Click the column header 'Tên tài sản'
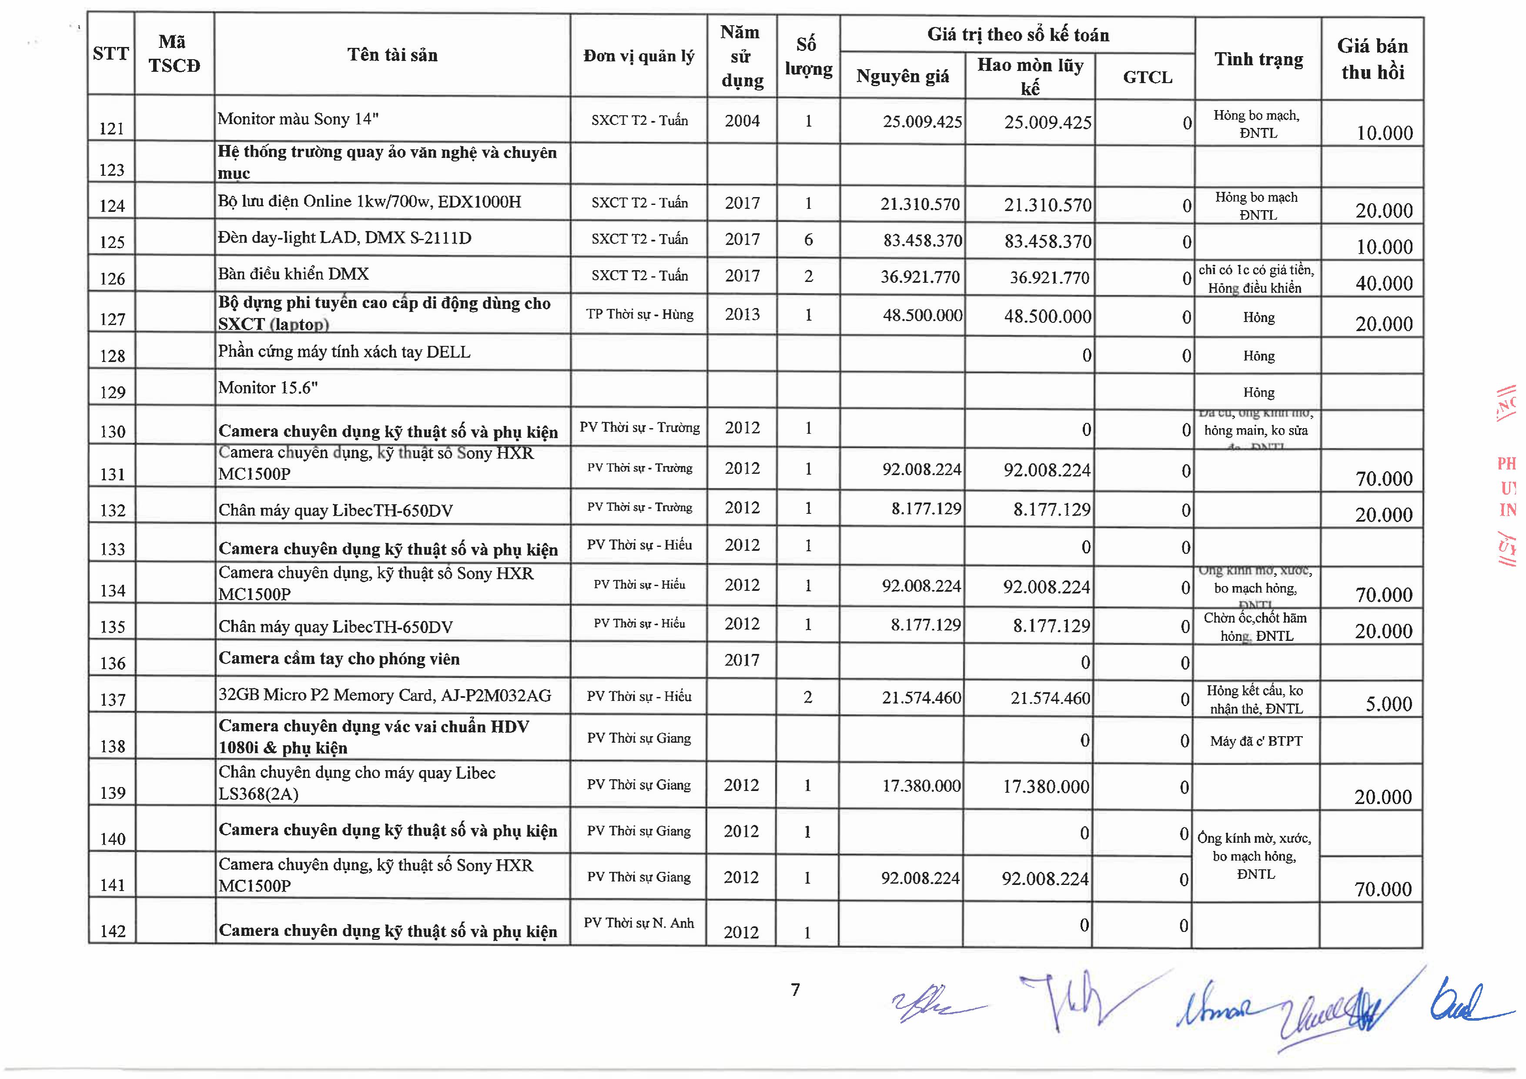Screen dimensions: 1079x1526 click(392, 55)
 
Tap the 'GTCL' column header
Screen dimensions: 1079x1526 click(1147, 77)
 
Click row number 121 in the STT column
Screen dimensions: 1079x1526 click(112, 128)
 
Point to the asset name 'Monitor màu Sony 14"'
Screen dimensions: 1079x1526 click(298, 119)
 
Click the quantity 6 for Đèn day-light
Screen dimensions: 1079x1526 click(808, 239)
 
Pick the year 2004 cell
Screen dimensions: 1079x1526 click(742, 121)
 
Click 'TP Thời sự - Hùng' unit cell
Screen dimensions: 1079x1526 click(639, 315)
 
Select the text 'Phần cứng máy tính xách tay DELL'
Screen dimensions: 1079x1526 click(344, 352)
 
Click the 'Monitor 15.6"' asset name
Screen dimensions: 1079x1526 click(268, 388)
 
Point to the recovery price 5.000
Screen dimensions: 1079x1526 click(1389, 704)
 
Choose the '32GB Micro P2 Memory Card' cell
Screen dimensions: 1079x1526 click(385, 695)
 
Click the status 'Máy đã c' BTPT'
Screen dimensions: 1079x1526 click(1255, 741)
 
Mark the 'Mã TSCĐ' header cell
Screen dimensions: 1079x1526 click(174, 54)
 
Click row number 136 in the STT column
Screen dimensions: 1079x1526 click(112, 663)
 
